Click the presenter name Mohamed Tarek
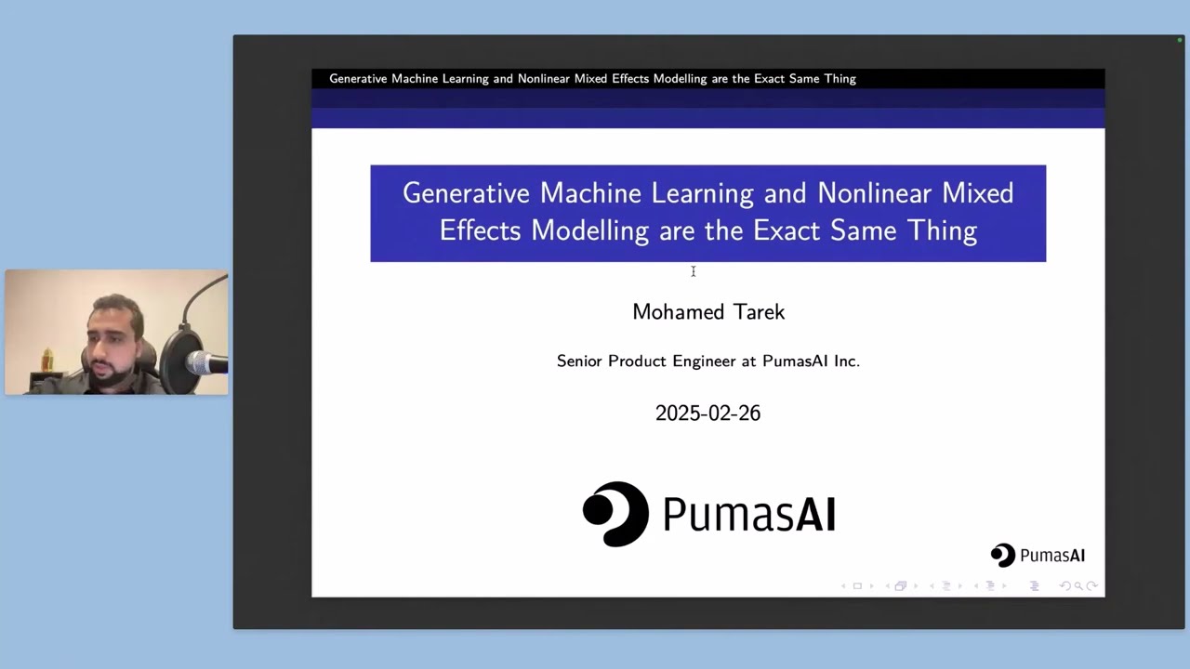click(708, 312)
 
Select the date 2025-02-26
click(707, 413)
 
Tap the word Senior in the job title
click(579, 361)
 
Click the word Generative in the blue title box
click(467, 193)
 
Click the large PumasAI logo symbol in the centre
click(615, 514)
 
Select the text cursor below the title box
click(693, 271)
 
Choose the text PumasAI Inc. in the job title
click(811, 361)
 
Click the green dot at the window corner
click(1180, 40)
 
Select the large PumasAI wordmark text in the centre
click(748, 514)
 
